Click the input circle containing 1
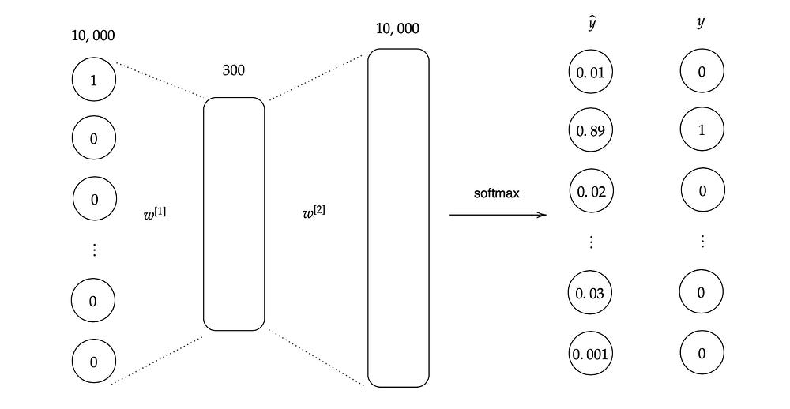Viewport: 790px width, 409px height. pyautogui.click(x=94, y=80)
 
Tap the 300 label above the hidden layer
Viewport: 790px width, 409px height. pyautogui.click(x=234, y=70)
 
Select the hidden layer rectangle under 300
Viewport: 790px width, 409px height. pyautogui.click(x=234, y=213)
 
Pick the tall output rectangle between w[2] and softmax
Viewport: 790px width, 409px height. pyautogui.click(x=398, y=217)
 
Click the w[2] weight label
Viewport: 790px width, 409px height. pyautogui.click(x=314, y=213)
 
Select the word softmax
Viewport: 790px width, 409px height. pyautogui.click(x=498, y=193)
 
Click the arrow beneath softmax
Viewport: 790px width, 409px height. pyautogui.click(x=498, y=214)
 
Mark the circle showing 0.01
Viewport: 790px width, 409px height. pyautogui.click(x=591, y=73)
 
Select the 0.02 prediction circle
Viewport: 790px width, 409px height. pyautogui.click(x=591, y=191)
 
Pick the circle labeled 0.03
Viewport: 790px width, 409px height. pyautogui.click(x=591, y=294)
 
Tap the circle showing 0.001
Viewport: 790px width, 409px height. pyautogui.click(x=591, y=353)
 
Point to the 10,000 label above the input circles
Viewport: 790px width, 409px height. pyautogui.click(x=93, y=36)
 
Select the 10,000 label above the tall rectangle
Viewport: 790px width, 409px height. pyautogui.click(x=398, y=30)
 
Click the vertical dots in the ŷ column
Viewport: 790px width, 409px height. pyautogui.click(x=591, y=242)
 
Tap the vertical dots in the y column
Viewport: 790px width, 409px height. pyautogui.click(x=702, y=242)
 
